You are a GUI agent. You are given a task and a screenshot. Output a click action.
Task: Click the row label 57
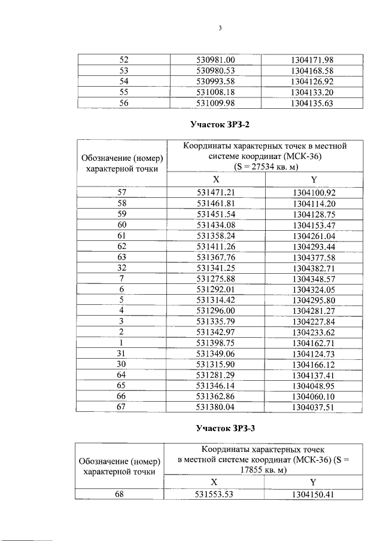(122, 192)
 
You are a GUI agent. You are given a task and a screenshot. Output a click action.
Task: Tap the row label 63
(122, 257)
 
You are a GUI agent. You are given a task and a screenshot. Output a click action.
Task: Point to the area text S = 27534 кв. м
(265, 167)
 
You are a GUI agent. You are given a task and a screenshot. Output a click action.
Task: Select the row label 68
(122, 494)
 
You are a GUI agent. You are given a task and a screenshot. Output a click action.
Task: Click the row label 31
(122, 354)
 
